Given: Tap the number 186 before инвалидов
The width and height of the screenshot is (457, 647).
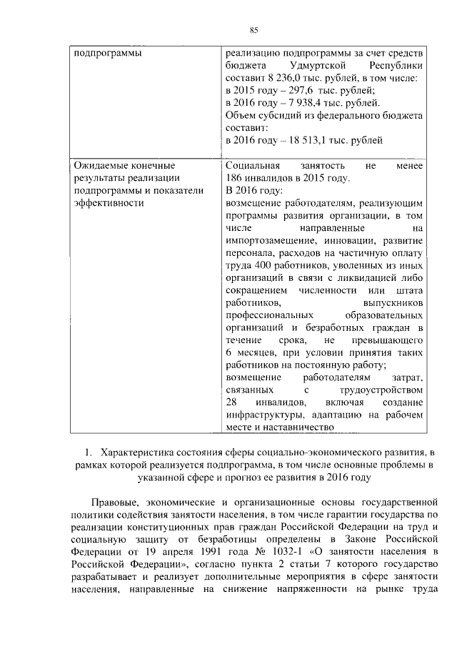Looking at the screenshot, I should pyautogui.click(x=236, y=178).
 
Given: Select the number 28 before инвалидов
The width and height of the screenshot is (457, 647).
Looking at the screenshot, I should pyautogui.click(x=231, y=402).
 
